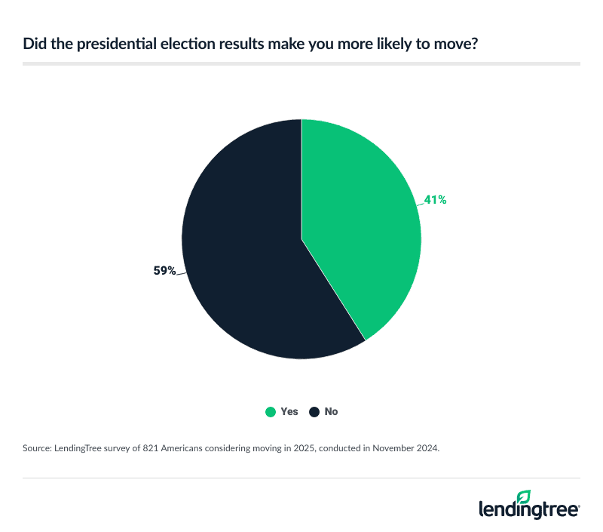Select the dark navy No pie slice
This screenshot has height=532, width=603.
(241, 249)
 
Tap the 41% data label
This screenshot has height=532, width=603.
(435, 201)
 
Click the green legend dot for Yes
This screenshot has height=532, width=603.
(269, 412)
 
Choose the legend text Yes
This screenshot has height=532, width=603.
(289, 412)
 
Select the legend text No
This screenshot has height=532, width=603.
(331, 412)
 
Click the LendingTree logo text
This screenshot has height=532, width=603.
(528, 510)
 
